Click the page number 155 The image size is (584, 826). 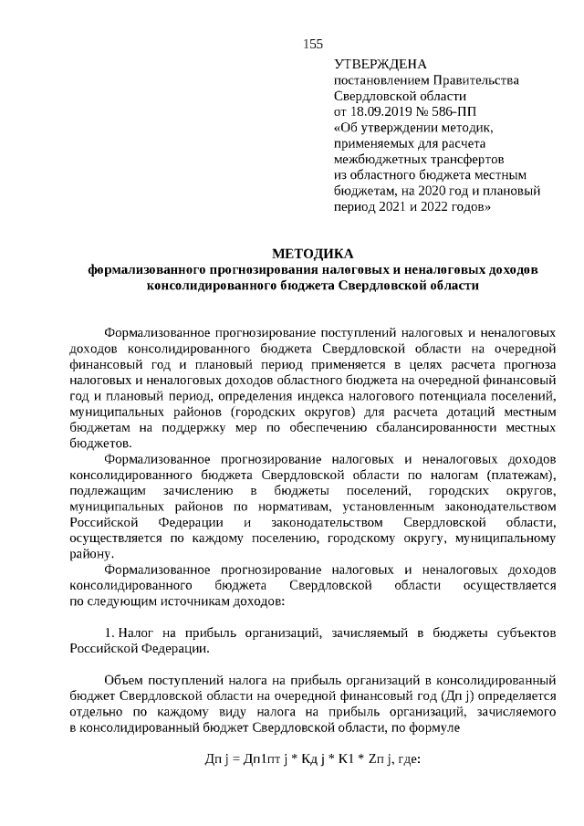click(313, 44)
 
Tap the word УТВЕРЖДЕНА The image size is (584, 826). click(381, 64)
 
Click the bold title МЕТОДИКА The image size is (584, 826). click(312, 254)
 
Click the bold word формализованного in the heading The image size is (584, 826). click(147, 270)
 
